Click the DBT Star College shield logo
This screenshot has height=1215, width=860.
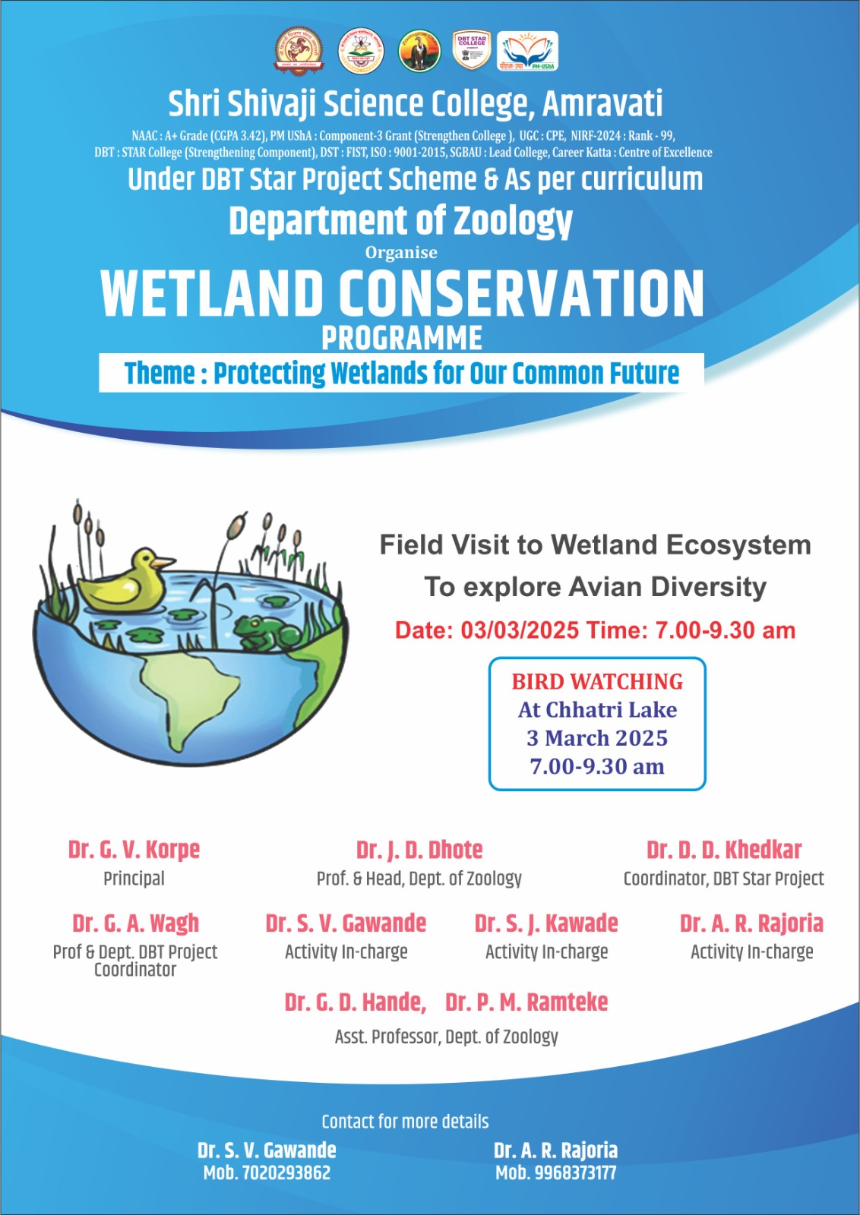471,52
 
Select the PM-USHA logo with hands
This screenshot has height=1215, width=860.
527,52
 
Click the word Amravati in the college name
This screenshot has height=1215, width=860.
602,104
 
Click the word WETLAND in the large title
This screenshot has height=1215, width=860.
212,294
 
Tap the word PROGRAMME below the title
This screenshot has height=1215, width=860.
402,338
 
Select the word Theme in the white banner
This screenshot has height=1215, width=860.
160,374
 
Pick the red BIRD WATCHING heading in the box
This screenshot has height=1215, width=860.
597,681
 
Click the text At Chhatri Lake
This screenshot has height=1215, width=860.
597,710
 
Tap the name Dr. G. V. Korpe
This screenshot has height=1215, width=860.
134,850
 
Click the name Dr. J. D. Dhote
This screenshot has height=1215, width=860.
419,850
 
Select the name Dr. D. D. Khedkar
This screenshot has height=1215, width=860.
724,850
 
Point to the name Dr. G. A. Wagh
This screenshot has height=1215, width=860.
135,923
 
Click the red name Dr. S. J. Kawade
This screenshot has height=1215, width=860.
546,923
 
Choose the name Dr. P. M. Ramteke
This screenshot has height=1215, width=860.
526,1002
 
